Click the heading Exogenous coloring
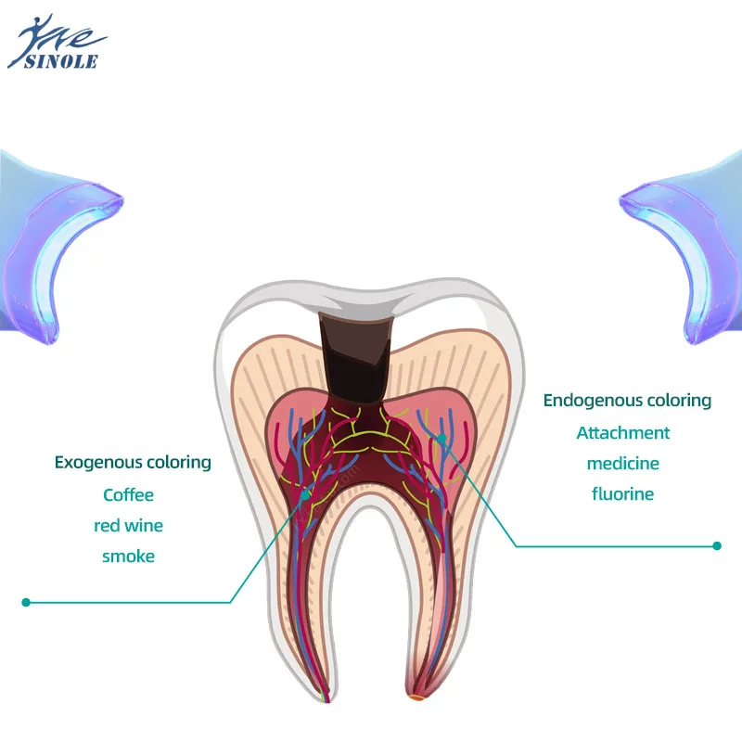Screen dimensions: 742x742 click(x=133, y=462)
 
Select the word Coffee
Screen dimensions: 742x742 click(x=129, y=494)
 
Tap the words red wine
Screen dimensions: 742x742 click(x=129, y=526)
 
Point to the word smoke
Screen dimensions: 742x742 click(x=129, y=556)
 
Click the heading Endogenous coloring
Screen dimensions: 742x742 click(x=627, y=401)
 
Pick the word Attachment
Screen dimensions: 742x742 click(x=623, y=432)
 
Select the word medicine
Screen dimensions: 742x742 click(x=623, y=463)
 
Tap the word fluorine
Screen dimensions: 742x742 click(x=623, y=493)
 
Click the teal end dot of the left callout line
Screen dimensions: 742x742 click(x=26, y=602)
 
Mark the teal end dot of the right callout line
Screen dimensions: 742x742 click(x=717, y=546)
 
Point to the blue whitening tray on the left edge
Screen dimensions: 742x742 click(x=56, y=250)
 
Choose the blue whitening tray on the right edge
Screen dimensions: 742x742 click(x=686, y=250)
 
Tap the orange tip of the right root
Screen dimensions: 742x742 click(x=416, y=696)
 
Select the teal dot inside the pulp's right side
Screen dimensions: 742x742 click(x=442, y=437)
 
